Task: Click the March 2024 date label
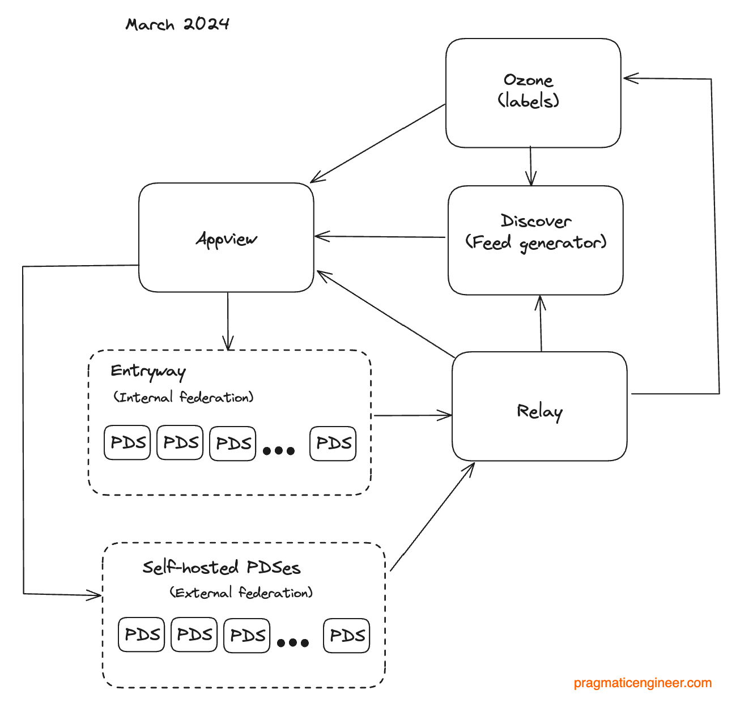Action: [177, 24]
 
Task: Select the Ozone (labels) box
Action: [533, 93]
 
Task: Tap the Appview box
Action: [226, 238]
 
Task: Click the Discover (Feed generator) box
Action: [535, 240]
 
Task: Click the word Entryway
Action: [148, 371]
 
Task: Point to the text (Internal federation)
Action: [183, 397]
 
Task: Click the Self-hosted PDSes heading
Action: [221, 567]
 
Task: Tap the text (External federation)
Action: [241, 593]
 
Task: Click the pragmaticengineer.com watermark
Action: [643, 683]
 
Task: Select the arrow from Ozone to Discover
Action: [531, 166]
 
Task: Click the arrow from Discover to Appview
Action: [380, 237]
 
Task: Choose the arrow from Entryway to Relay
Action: [412, 416]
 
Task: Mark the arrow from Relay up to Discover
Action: [541, 323]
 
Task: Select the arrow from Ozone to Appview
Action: [378, 143]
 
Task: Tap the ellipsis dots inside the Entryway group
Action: [279, 451]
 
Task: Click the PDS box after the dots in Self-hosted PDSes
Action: [346, 636]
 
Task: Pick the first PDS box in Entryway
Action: [127, 442]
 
